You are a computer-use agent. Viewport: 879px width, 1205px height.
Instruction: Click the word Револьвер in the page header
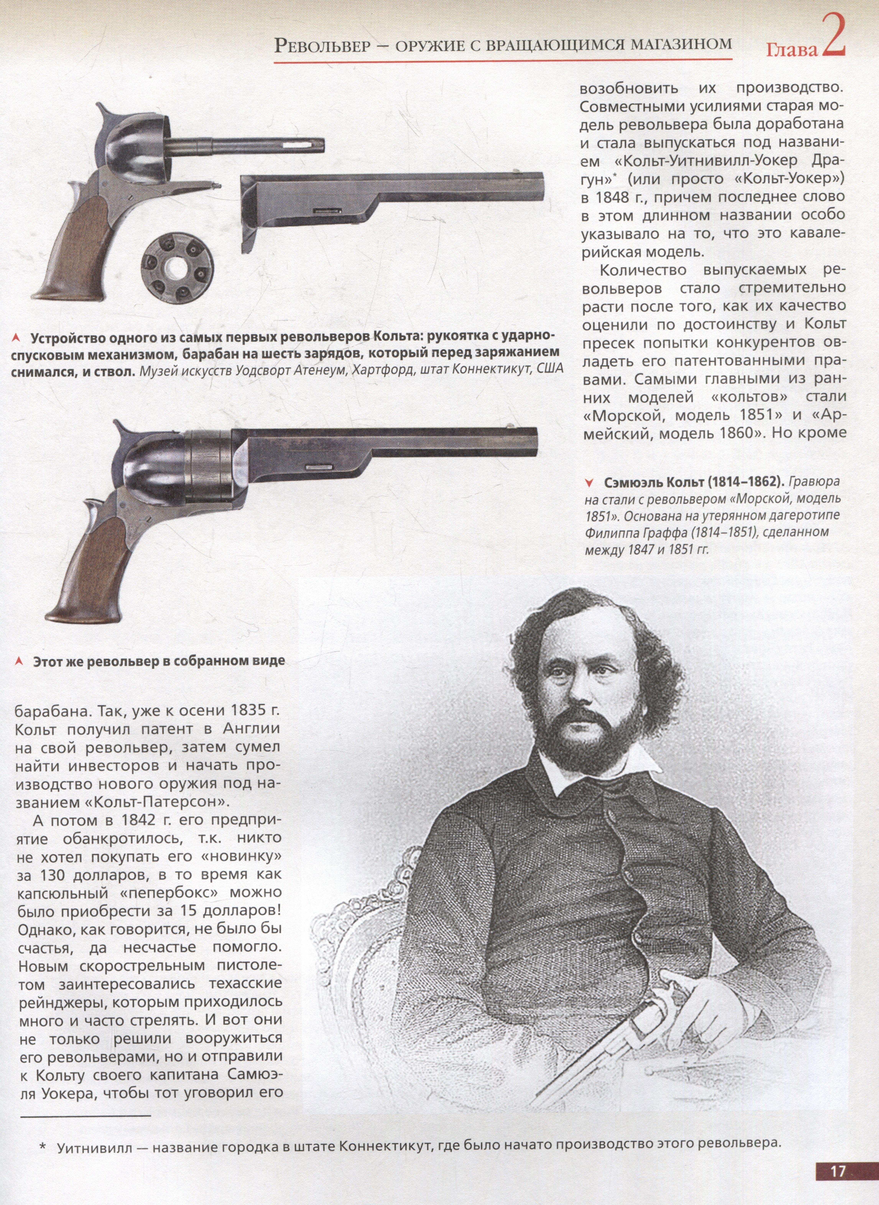click(322, 45)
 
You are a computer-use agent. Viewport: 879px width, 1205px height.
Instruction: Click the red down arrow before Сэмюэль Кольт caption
click(589, 483)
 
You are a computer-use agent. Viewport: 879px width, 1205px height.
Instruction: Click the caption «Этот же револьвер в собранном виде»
click(159, 661)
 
